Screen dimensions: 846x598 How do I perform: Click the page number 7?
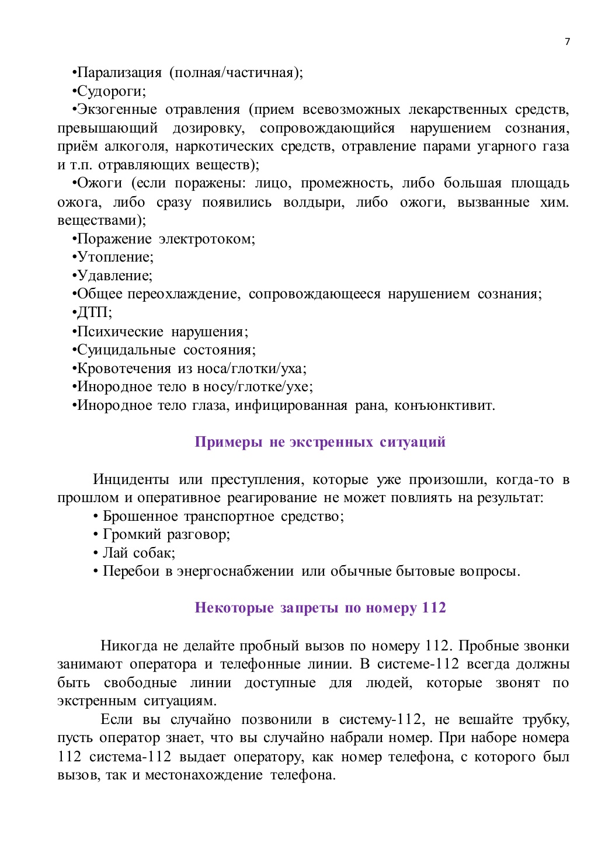click(567, 41)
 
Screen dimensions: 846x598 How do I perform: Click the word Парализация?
click(119, 72)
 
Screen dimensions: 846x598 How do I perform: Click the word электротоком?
click(207, 239)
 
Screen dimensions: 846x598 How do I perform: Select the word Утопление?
click(114, 257)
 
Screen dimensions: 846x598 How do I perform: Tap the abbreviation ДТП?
click(93, 312)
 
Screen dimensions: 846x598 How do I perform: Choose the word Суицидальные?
click(126, 350)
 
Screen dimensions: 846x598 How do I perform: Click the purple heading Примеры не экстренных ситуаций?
click(320, 442)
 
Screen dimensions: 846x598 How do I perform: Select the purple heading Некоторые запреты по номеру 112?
click(320, 608)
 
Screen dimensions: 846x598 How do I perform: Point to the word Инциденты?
click(131, 479)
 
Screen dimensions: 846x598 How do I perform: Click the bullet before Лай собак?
click(96, 553)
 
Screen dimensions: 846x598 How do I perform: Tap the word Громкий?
click(132, 534)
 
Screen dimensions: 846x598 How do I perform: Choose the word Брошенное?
click(140, 516)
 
